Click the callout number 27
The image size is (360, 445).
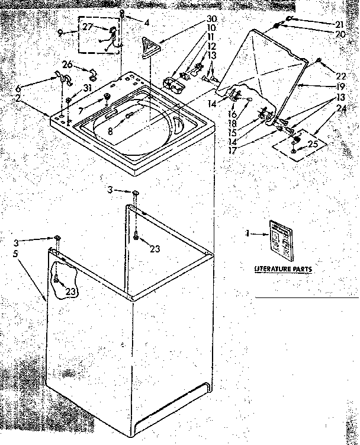click(86, 27)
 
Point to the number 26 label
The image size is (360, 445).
click(67, 65)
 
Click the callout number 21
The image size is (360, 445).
click(339, 24)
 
